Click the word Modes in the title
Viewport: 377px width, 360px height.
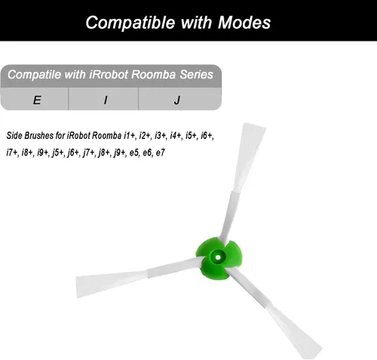click(244, 23)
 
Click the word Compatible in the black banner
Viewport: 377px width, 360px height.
click(130, 23)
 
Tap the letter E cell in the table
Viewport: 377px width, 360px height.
click(35, 99)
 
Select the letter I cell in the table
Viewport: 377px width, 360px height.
click(103, 99)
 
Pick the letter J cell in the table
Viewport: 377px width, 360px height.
click(180, 99)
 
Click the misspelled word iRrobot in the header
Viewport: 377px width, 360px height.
click(109, 75)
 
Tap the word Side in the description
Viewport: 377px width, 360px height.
click(14, 135)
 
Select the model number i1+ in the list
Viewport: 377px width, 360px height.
click(130, 136)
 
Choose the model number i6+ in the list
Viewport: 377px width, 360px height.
click(207, 136)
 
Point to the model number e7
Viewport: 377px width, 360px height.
click(160, 152)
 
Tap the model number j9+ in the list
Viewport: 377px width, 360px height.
click(120, 152)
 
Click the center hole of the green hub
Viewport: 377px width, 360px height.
click(217, 257)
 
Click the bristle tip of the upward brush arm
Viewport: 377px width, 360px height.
click(254, 126)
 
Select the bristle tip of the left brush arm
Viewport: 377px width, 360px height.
click(78, 287)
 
